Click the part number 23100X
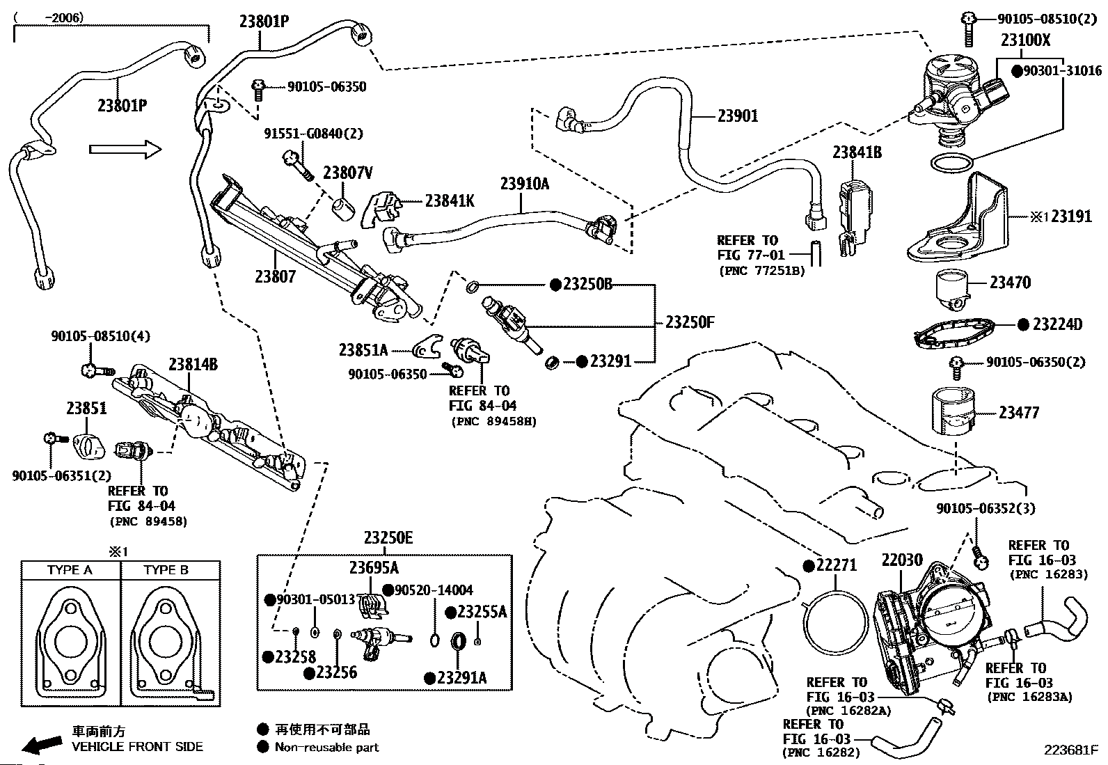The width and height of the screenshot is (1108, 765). (1025, 40)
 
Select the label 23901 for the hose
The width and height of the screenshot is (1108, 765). (738, 116)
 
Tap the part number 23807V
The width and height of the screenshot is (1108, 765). (347, 173)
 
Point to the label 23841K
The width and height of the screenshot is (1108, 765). (450, 200)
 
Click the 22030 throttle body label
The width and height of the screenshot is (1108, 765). (902, 560)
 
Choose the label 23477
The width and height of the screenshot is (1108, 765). (1018, 413)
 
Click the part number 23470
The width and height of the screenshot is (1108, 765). (1011, 283)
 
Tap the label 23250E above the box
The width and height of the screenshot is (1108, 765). (388, 538)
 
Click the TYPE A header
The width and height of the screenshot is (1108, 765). (70, 570)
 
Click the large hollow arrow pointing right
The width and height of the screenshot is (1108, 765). (125, 149)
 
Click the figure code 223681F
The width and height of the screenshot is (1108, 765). (1070, 750)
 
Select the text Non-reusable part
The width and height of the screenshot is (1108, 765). (326, 747)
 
